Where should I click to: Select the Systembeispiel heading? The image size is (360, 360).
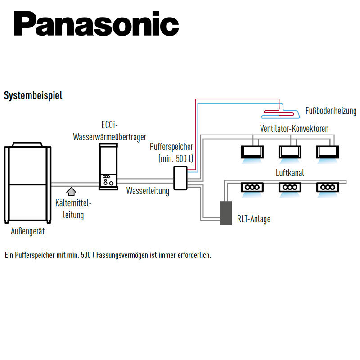point(33,95)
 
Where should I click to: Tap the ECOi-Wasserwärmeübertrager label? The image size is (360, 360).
point(109,130)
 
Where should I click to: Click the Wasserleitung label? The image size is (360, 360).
point(148,191)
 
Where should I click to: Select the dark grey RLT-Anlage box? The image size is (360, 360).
point(225,213)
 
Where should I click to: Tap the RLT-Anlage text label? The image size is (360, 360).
point(254,220)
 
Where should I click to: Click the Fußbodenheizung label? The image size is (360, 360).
point(331,111)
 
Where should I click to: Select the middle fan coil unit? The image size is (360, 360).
point(288,151)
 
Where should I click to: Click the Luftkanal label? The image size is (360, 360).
point(288,172)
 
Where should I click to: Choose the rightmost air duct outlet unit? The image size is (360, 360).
point(326,187)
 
